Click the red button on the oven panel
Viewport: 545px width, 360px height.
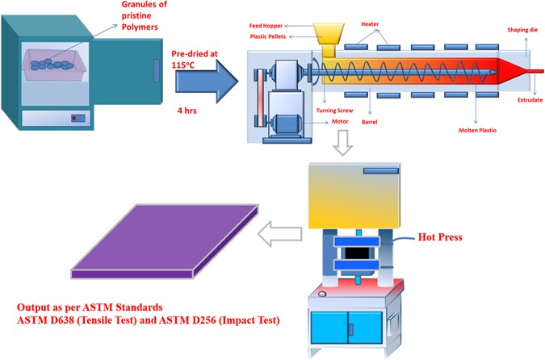[76, 119]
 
